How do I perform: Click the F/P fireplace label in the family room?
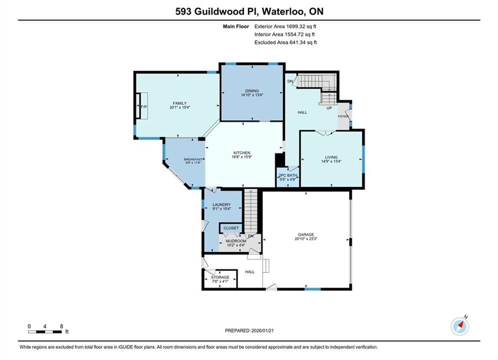point(144,106)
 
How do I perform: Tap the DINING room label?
point(252,90)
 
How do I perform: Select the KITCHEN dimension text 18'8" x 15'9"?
point(242,156)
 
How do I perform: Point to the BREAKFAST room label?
point(193,159)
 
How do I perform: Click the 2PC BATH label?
point(288,175)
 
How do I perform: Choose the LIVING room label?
point(331,157)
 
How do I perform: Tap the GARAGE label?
point(306,234)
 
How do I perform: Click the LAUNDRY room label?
point(222,204)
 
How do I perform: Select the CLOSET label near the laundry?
point(231,228)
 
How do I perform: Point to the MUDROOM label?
point(236,241)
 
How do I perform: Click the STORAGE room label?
point(220,277)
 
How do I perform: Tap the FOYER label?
point(343,116)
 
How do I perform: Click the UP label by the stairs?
point(329,108)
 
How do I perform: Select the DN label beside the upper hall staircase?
point(290,81)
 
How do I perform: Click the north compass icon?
point(459,326)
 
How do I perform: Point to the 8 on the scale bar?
point(61,326)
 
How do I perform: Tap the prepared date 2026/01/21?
point(262,330)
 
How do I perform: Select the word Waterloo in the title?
point(283,11)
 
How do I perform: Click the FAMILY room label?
point(180,103)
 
